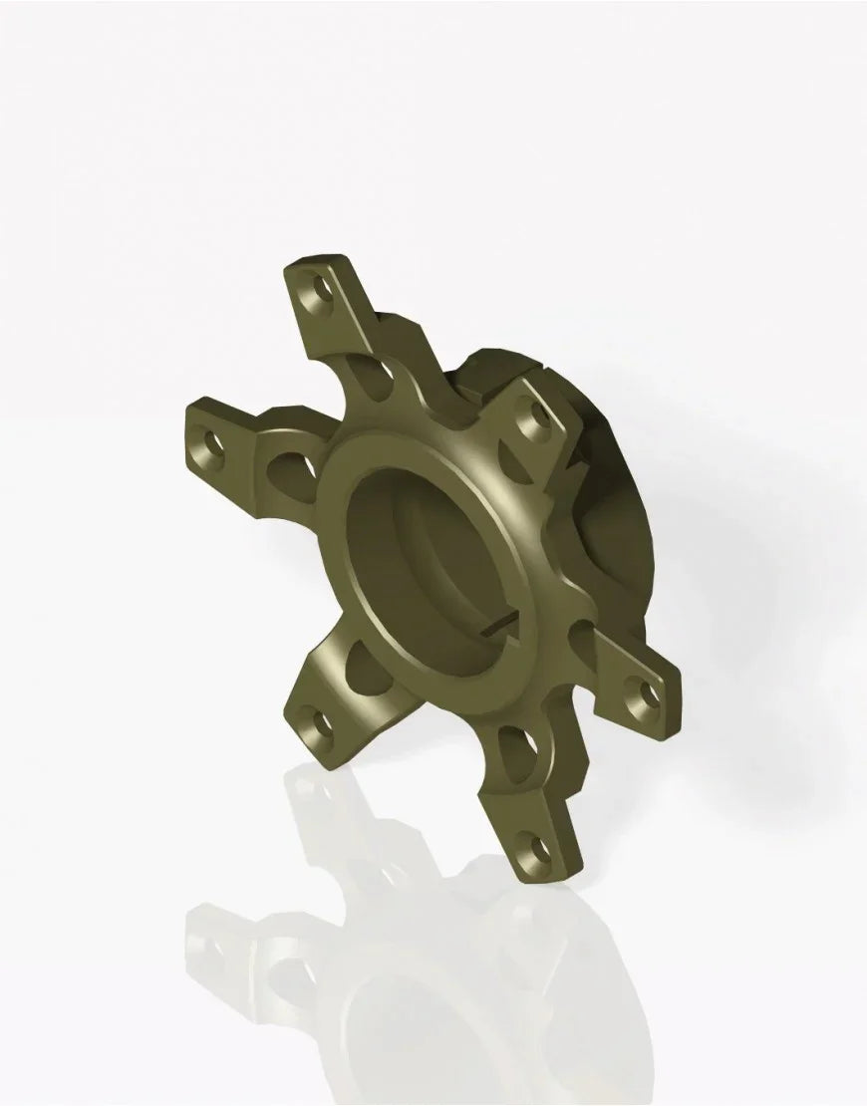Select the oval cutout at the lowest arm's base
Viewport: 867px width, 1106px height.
[x=508, y=738]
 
